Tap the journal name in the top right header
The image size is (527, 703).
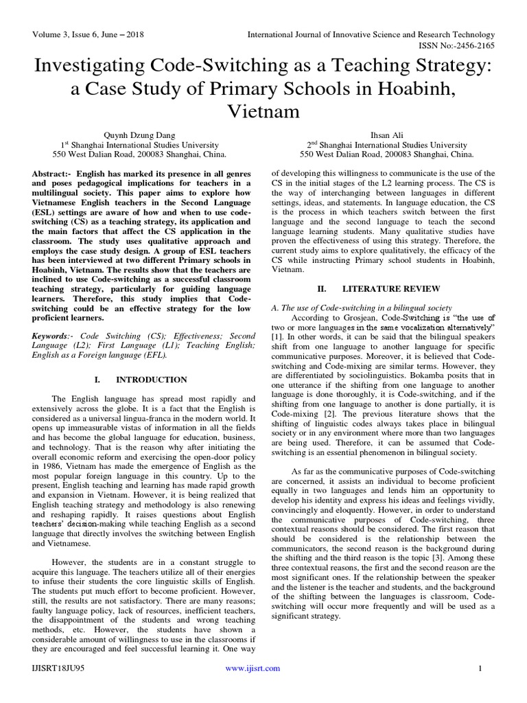click(x=371, y=34)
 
